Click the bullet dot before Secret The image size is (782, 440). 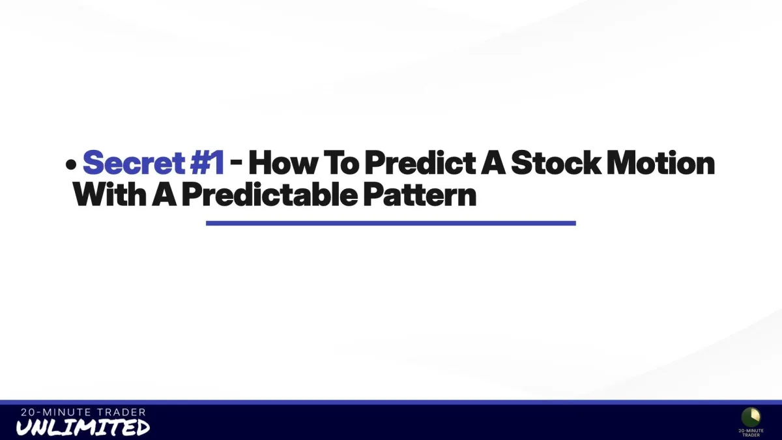pyautogui.click(x=71, y=165)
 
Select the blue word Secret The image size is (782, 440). pyautogui.click(x=134, y=162)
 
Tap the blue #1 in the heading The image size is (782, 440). pyautogui.click(x=207, y=162)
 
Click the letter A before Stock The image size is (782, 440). pyautogui.click(x=493, y=162)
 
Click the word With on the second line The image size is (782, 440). pyautogui.click(x=109, y=194)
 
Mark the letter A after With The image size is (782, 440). pyautogui.click(x=164, y=194)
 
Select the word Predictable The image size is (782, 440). pyautogui.click(x=270, y=194)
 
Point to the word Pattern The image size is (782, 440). pyautogui.click(x=420, y=194)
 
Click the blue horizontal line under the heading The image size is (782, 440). pyautogui.click(x=390, y=223)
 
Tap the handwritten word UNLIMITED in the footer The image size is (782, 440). pyautogui.click(x=83, y=427)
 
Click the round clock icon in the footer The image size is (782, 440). pyautogui.click(x=751, y=417)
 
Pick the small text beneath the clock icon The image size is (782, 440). pyautogui.click(x=751, y=433)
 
